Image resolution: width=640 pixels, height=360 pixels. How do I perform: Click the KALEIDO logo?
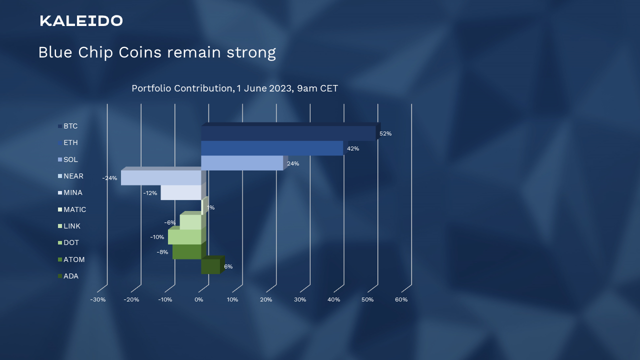pos(81,21)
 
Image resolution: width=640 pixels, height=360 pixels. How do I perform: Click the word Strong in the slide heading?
pos(251,52)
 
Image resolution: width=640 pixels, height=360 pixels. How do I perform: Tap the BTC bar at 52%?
pos(288,133)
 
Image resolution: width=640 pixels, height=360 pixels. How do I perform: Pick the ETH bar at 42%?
pos(272,148)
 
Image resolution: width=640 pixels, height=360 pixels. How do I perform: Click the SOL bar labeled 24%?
pos(242,163)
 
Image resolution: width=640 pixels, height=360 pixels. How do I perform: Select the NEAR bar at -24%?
pos(161,177)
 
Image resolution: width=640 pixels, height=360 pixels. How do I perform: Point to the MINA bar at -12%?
pos(181,192)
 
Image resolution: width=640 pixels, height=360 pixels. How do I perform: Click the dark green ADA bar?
pos(210,266)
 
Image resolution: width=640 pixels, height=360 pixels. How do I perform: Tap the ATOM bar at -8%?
pos(187,251)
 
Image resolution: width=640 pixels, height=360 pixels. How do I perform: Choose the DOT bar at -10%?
pos(184,237)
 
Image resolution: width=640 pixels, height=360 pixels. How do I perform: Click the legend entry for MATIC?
pos(72,209)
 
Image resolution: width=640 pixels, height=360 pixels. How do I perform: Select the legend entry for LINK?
pos(69,226)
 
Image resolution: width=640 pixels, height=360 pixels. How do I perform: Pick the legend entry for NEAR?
pos(70,176)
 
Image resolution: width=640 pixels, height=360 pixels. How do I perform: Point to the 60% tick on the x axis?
pos(401,299)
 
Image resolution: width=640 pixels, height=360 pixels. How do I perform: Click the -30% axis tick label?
pos(98,299)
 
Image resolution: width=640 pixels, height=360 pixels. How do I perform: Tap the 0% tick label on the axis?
pos(199,299)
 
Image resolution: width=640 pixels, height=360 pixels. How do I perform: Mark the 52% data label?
pos(385,133)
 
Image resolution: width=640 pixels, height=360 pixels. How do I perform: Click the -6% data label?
pos(169,222)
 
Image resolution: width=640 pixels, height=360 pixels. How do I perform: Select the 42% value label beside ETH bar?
pos(353,148)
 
